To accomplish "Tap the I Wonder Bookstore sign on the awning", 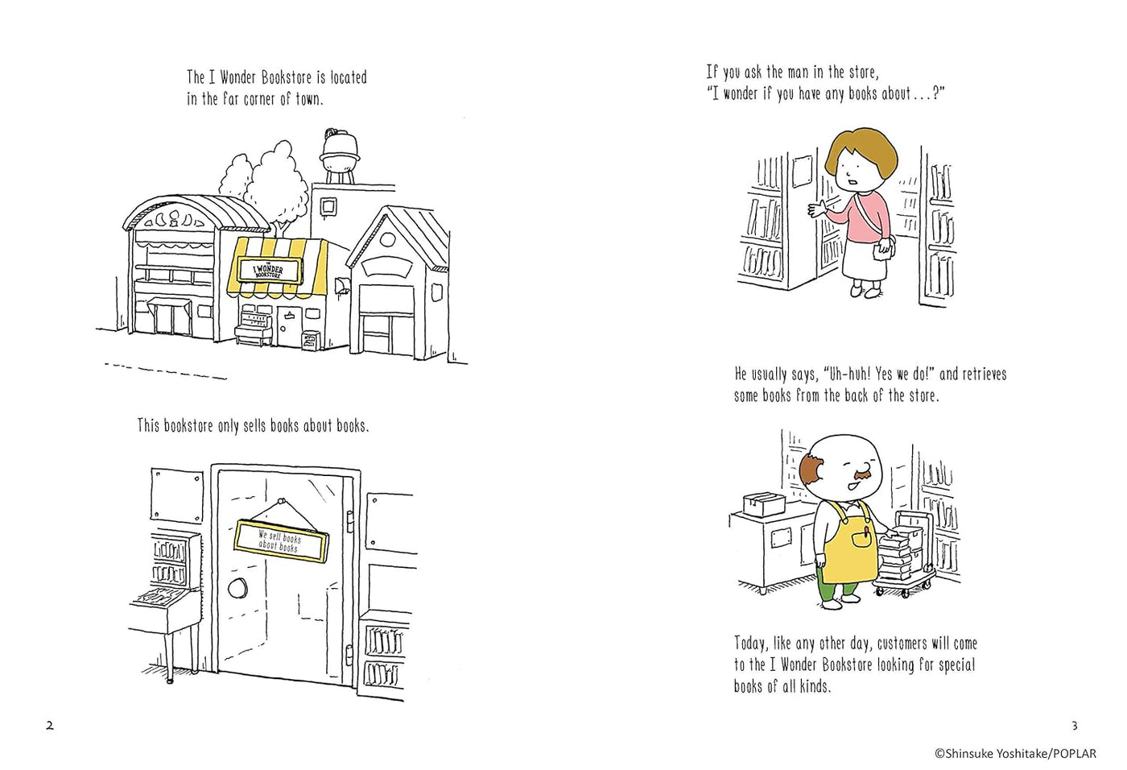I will pos(268,271).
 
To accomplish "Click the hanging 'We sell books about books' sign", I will pos(280,540).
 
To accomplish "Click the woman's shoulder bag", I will pos(885,246).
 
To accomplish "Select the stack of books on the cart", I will pos(896,553).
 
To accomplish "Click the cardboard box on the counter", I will pos(764,504).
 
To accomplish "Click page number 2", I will pos(50,726).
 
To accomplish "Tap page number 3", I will pos(1074,726).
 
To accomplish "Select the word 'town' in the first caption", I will pos(308,99).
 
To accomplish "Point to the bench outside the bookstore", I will pos(254,333).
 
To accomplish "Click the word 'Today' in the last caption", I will pos(750,644).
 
